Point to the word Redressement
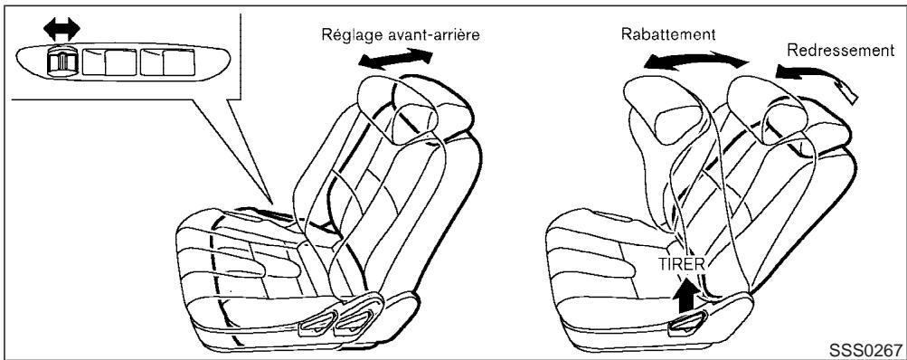838,50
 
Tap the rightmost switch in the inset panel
167,62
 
